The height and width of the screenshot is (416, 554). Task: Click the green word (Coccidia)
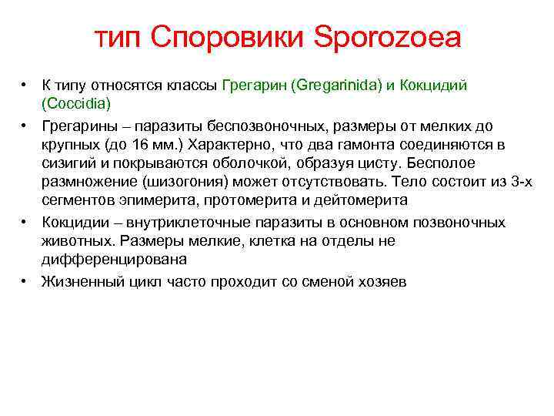point(77,102)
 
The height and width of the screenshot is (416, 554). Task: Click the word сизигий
point(67,163)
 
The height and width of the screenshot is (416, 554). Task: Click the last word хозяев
point(382,282)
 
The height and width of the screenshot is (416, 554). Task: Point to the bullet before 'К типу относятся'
point(25,84)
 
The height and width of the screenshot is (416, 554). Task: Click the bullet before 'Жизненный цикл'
point(25,282)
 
